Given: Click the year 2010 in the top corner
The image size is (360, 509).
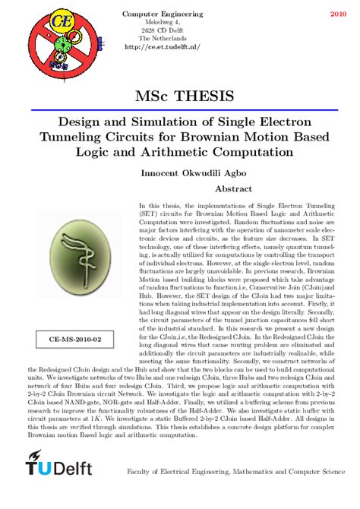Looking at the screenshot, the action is pos(337,14).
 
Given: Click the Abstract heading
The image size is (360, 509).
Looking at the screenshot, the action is pos(234,188).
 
